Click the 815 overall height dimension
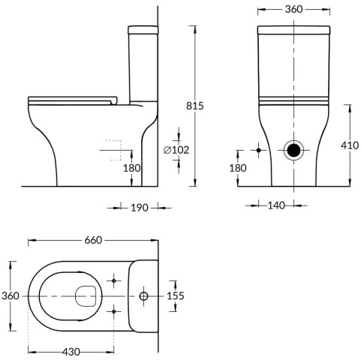tap(195, 106)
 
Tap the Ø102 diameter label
tap(176, 150)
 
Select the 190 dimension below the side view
tap(140, 208)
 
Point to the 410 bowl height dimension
tap(350, 145)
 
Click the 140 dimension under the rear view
tap(276, 205)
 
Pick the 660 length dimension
tap(93, 240)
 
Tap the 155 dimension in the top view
tap(176, 295)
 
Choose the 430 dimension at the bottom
tap(71, 352)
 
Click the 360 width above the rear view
tap(294, 9)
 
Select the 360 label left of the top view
tap(11, 296)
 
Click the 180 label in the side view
tap(131, 168)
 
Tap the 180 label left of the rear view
tap(238, 168)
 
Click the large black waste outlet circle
tap(293, 150)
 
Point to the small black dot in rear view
tap(259, 150)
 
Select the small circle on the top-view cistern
tap(143, 296)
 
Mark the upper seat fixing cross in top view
tap(114, 280)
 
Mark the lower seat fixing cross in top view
tap(114, 311)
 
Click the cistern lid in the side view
tap(143, 30)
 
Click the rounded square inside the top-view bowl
tap(86, 296)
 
